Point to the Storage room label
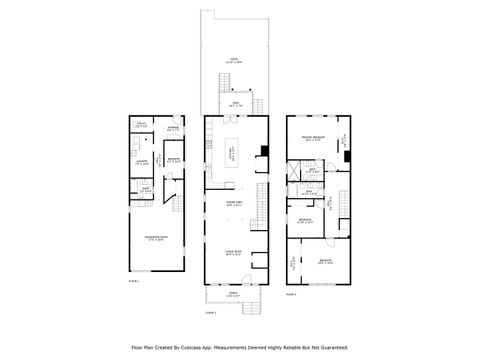[x=172, y=127]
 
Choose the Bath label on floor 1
[x=145, y=190]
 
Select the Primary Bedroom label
[x=311, y=140]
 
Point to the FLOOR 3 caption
[x=291, y=294]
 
